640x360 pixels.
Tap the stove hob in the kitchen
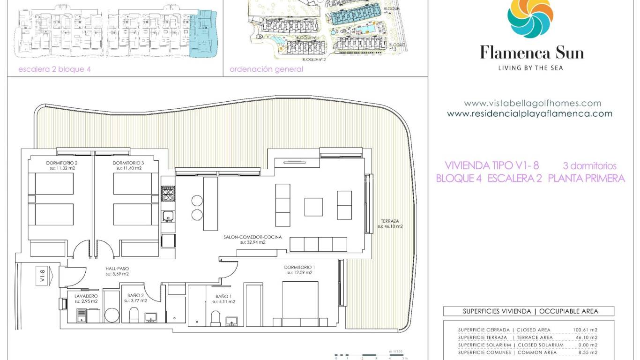[168, 193]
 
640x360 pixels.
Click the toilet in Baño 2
[134, 315]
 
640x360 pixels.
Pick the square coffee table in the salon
[313, 207]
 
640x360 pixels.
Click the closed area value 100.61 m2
[585, 330]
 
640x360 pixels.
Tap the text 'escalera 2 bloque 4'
[54, 69]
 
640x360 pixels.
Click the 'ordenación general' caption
[266, 69]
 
